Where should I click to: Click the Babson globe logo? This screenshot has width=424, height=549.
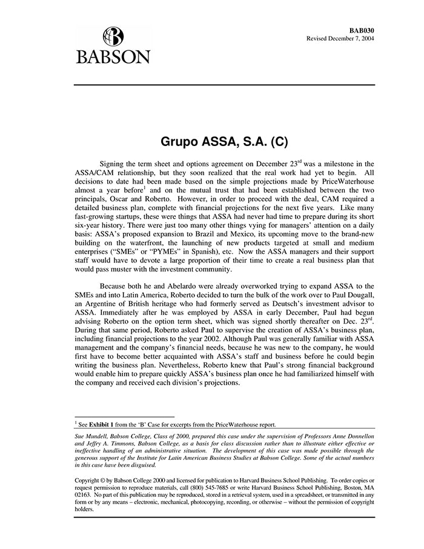coord(113,37)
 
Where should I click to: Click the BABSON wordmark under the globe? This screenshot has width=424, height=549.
coord(113,58)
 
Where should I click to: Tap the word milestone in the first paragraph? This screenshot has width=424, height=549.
coord(337,164)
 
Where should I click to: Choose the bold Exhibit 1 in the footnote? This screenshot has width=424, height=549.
coord(102,424)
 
